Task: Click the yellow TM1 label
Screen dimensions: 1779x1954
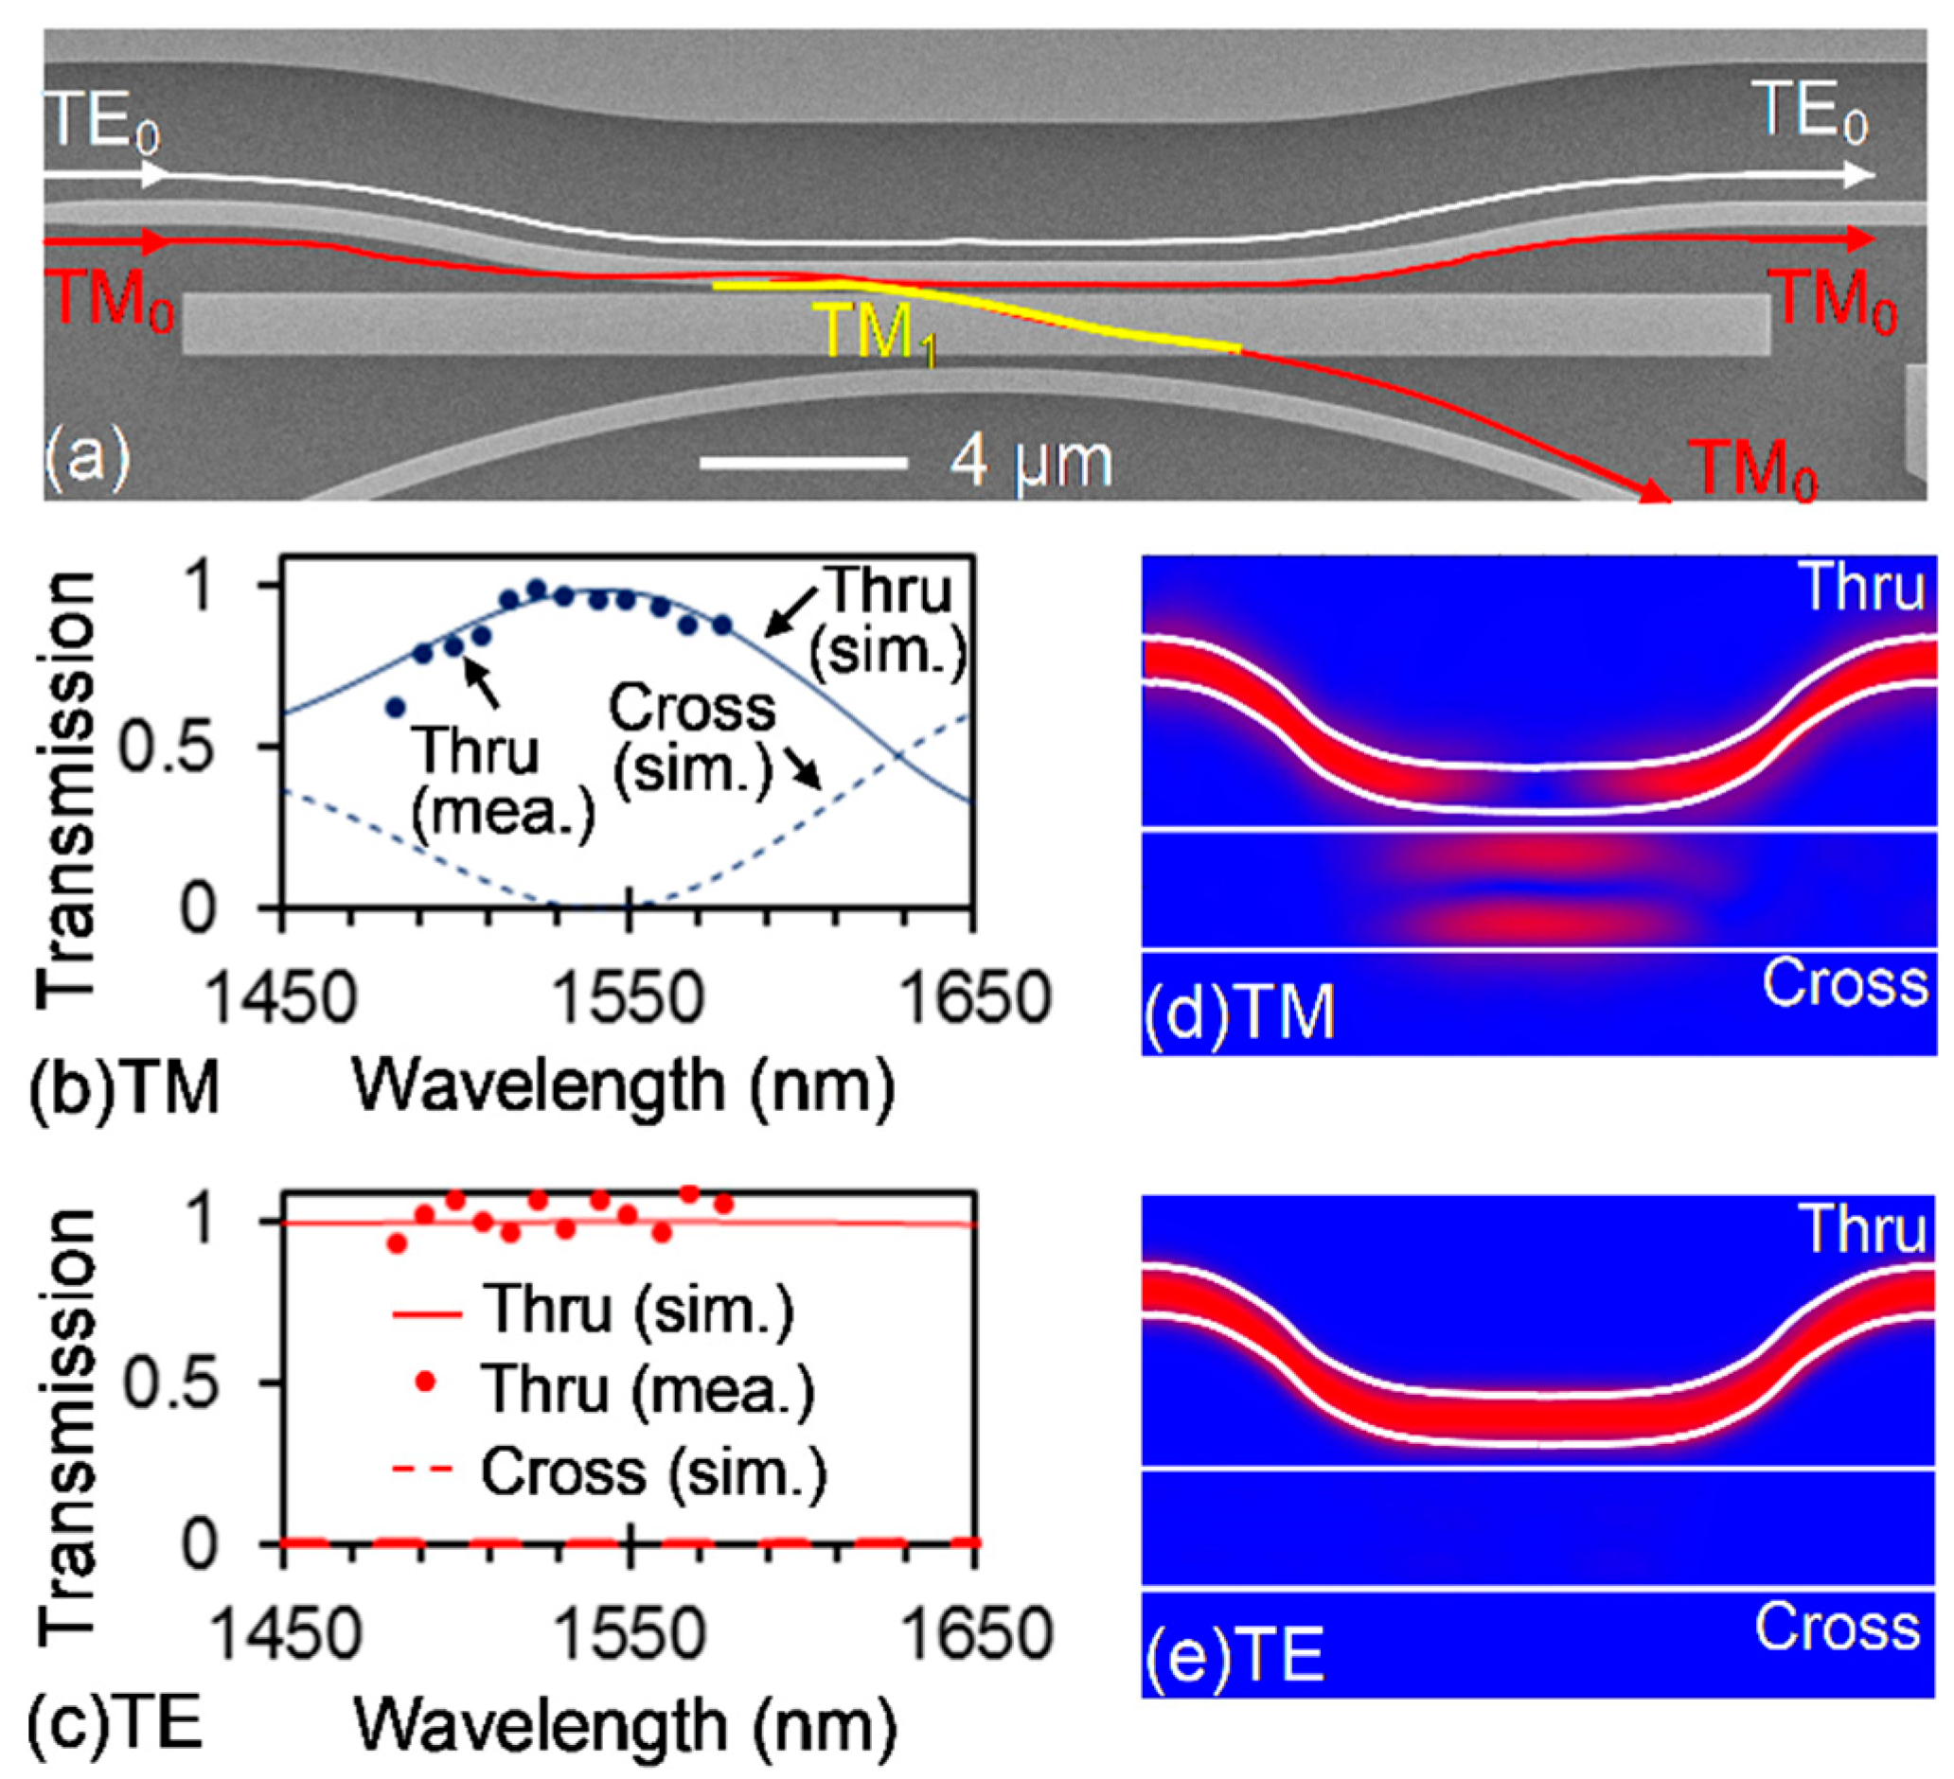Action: (x=879, y=334)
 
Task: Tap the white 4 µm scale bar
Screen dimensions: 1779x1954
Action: (x=804, y=463)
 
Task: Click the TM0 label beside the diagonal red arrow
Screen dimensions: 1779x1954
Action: (x=1751, y=470)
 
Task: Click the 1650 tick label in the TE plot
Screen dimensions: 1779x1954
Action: (x=977, y=1633)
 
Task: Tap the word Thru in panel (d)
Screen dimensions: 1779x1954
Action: (x=1861, y=588)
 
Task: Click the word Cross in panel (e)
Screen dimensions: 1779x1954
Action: (x=1837, y=1627)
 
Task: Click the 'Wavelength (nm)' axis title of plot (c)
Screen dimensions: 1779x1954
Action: (x=625, y=1726)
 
